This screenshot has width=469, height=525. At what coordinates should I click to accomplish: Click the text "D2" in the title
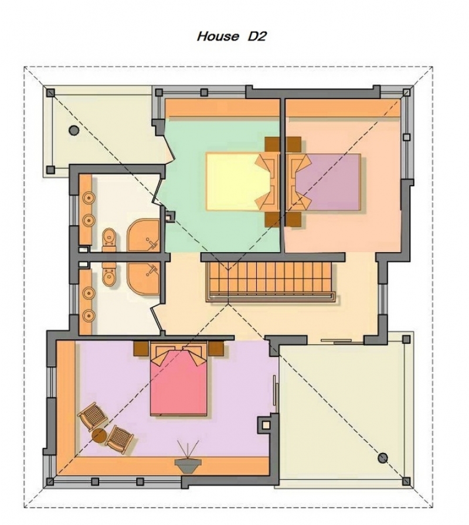[257, 36]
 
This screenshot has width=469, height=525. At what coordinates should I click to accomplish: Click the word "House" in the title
[218, 36]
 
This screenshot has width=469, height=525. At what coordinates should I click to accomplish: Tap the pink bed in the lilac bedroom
[179, 380]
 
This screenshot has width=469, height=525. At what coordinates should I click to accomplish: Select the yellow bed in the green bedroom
[239, 182]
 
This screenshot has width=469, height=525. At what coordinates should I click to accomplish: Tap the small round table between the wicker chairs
[99, 436]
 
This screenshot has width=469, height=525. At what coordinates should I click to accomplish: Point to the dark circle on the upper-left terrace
[74, 130]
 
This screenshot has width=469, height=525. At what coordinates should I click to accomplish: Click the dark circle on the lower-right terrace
[383, 458]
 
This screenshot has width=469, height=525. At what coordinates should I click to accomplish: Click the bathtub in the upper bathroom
[143, 235]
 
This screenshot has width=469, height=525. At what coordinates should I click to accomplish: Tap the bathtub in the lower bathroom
[143, 278]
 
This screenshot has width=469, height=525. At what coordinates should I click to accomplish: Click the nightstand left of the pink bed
[141, 349]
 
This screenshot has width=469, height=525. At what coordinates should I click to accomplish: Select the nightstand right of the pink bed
[216, 349]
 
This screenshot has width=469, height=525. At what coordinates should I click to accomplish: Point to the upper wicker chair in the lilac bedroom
[92, 416]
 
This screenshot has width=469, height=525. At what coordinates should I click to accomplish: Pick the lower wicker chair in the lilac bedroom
[120, 439]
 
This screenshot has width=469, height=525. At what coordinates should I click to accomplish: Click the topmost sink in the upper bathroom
[88, 198]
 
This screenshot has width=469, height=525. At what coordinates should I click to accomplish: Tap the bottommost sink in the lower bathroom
[88, 315]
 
